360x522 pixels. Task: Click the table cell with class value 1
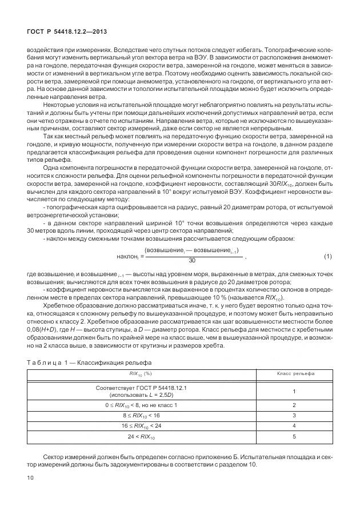pos(293,391)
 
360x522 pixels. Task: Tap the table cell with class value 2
pos(293,405)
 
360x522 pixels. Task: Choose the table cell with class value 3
pos(293,416)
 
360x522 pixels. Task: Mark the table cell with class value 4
pos(293,426)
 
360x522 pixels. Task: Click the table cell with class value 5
pos(293,437)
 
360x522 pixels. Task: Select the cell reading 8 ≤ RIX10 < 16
pos(140,416)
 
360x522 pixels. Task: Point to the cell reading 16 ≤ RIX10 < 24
pos(140,426)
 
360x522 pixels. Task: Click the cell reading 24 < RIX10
pos(140,437)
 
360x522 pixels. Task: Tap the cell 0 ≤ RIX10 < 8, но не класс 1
pos(140,405)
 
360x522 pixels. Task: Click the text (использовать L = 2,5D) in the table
pos(140,395)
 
